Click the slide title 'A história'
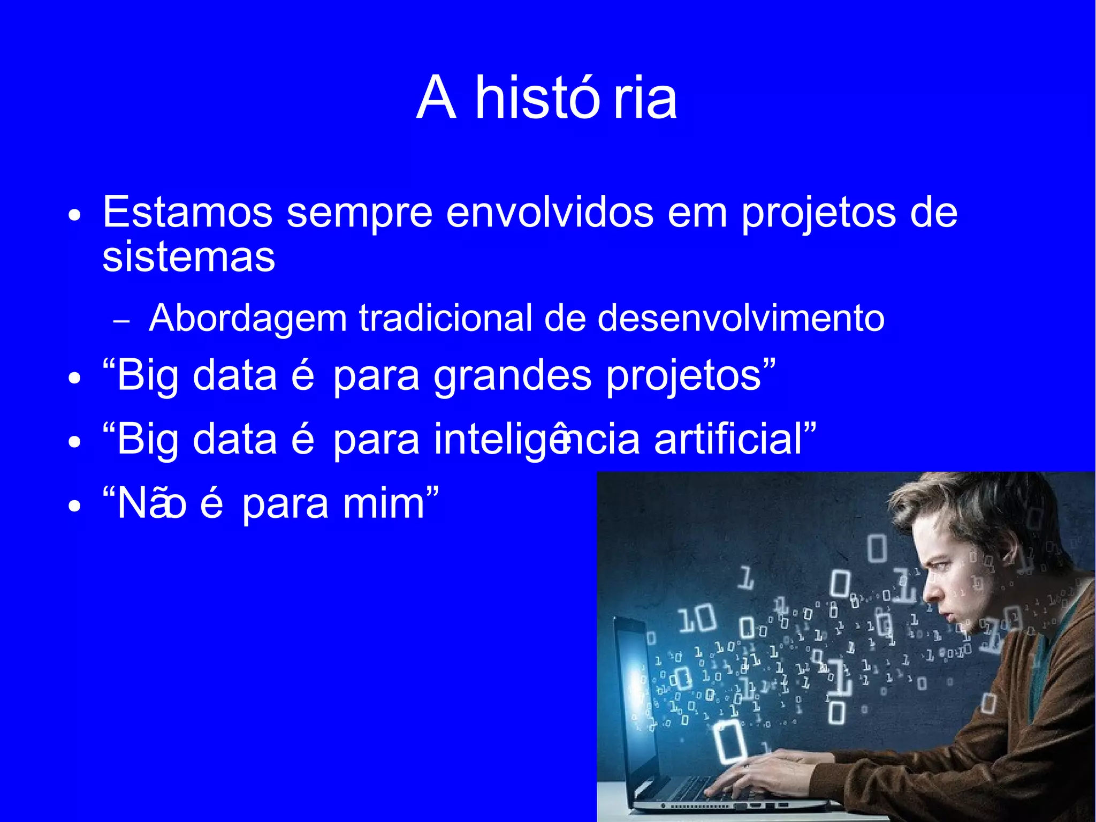[x=546, y=98]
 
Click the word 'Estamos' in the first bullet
[x=187, y=212]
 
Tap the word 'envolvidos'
[x=550, y=212]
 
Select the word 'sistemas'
[x=188, y=257]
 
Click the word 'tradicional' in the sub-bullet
[x=445, y=319]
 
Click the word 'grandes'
[x=512, y=376]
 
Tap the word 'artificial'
[x=728, y=440]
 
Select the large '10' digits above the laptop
[x=697, y=619]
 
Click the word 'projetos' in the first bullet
[x=818, y=212]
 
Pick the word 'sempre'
[x=359, y=212]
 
